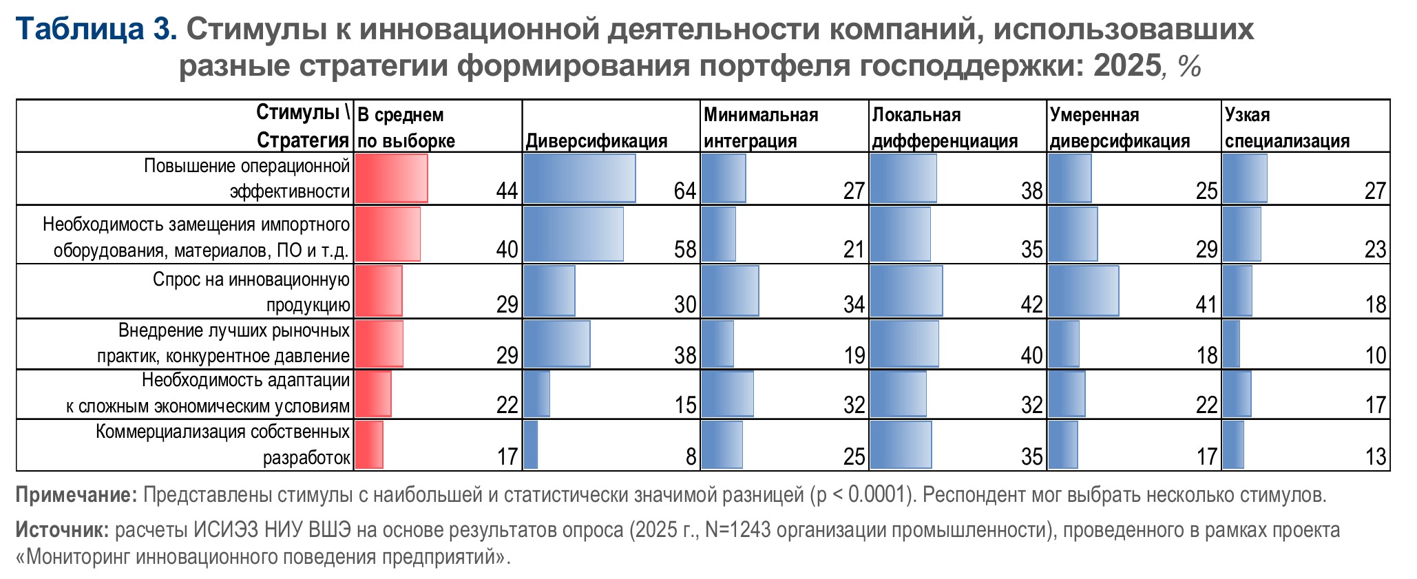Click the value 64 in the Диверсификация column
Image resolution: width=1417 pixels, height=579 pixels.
(684, 191)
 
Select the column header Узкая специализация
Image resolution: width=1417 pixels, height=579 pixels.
(1286, 127)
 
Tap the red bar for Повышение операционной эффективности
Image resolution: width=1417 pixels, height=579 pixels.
(392, 178)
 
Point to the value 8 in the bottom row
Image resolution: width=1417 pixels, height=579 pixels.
(691, 456)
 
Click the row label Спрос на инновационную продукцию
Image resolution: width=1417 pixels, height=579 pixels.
(251, 292)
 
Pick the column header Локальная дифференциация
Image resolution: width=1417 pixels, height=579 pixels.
(945, 127)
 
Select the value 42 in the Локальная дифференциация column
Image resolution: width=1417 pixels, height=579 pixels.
(1031, 304)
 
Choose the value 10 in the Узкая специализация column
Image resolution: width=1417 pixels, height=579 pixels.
(1375, 355)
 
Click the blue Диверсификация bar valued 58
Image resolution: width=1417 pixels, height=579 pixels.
(574, 234)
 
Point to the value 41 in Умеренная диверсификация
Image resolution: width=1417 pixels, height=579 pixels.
(1206, 304)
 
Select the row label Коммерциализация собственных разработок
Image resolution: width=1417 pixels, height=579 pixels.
(222, 444)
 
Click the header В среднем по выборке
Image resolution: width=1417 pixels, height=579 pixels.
(406, 127)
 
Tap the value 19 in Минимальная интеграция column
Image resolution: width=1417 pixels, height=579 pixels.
(854, 355)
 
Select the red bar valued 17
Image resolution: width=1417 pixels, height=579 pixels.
(370, 445)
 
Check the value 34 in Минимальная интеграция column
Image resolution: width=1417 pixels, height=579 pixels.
(854, 304)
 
